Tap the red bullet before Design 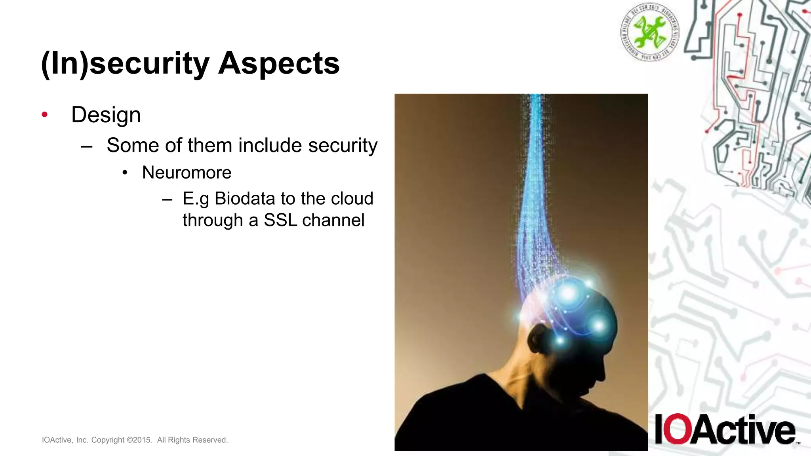pos(45,115)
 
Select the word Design pos(106,115)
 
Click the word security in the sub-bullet pos(343,145)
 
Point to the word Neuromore pos(187,173)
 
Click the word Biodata pos(244,199)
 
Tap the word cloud pos(352,199)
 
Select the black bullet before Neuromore pos(125,173)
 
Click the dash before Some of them pos(86,146)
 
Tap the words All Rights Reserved pos(192,440)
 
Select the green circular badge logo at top pos(649,32)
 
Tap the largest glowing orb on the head pos(568,293)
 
